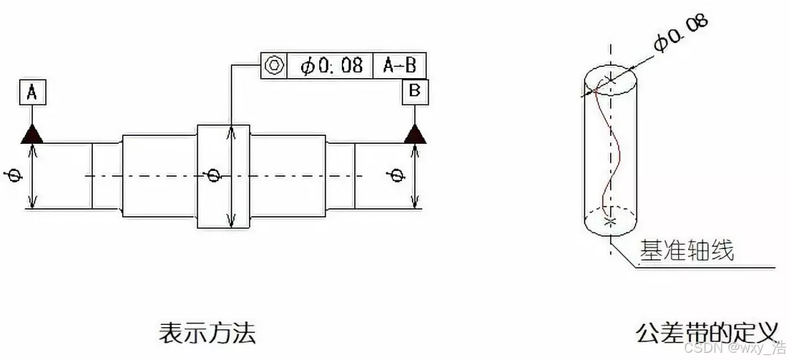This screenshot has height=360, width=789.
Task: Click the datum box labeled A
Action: [x=31, y=93]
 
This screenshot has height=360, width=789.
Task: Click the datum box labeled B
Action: [x=415, y=91]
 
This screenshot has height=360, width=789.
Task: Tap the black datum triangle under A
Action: [x=31, y=134]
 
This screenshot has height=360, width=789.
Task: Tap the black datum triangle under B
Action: [x=415, y=134]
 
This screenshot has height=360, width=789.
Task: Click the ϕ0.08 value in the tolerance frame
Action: [x=331, y=65]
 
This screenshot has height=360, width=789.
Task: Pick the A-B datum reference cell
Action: [x=400, y=65]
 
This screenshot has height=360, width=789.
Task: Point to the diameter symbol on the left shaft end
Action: [x=13, y=177]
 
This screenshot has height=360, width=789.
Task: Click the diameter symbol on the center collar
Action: [x=213, y=175]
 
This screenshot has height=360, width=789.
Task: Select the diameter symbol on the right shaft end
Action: [x=397, y=176]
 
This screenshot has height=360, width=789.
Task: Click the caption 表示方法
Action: [x=207, y=334]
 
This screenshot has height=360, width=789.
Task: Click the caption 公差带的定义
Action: [x=706, y=334]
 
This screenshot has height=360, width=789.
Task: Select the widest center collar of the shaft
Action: [x=224, y=176]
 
